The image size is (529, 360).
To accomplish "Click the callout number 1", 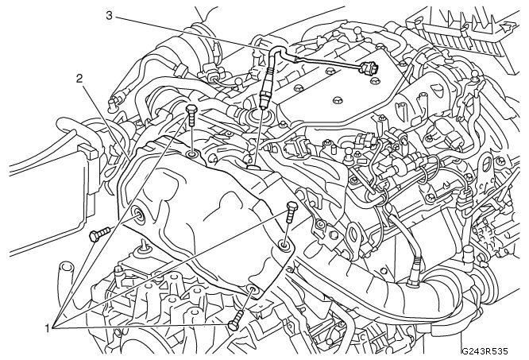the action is click(49, 327).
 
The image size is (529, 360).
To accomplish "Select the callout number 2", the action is click(80, 78).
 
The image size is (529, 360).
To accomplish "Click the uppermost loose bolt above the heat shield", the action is click(191, 118).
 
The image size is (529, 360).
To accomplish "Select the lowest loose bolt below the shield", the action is click(237, 323).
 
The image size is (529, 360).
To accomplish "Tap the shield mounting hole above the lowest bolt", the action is click(253, 288).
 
